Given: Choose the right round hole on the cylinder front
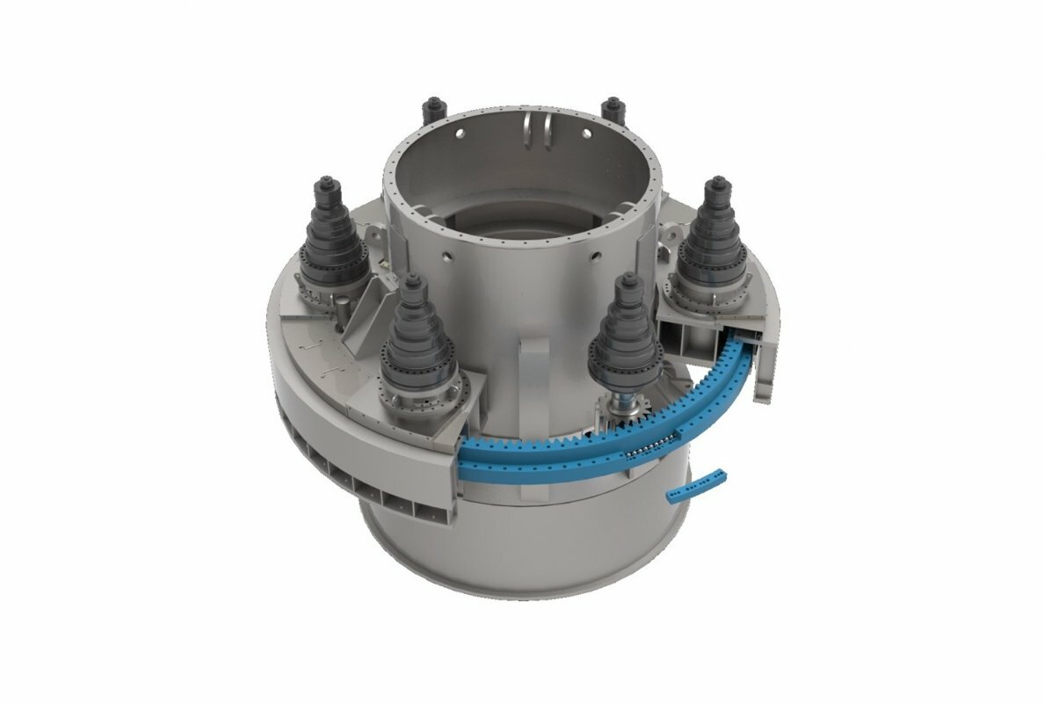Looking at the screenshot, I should coord(595,256).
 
